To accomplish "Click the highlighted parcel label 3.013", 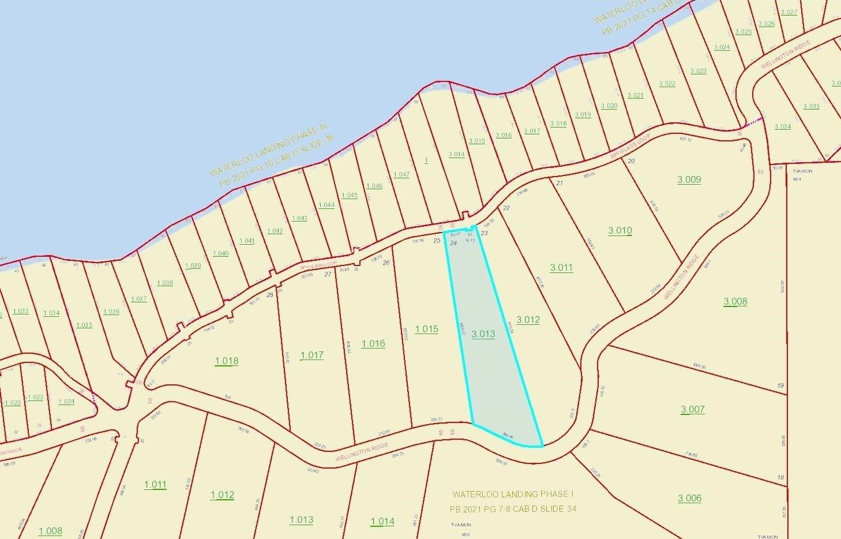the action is point(483,334).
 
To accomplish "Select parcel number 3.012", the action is point(528,320).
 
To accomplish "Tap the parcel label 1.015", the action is point(426,329).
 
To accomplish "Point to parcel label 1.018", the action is point(227,361).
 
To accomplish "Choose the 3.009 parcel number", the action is point(689,179).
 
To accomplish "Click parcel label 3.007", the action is point(692,410).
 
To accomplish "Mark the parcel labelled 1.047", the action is point(401,174).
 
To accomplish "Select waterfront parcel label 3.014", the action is point(456,154).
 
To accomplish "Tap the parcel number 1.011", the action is point(155,485).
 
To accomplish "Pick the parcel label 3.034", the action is point(782,126).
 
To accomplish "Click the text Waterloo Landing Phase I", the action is point(513,495).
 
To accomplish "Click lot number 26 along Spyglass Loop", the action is point(386,263).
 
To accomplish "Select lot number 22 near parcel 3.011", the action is point(506,208).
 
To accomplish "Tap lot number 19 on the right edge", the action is point(780,385).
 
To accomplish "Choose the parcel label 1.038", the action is point(164,283).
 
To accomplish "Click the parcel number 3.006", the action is point(689,498).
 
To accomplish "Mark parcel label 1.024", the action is point(66,401).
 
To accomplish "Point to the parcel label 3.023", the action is point(698,71).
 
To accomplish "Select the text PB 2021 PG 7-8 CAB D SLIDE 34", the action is point(513,509).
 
